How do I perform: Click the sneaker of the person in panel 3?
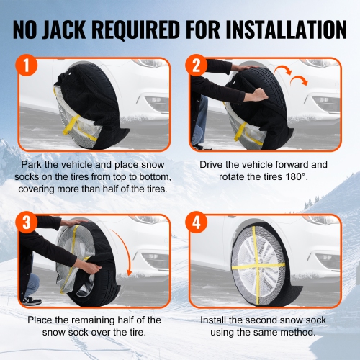tap(31, 300)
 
